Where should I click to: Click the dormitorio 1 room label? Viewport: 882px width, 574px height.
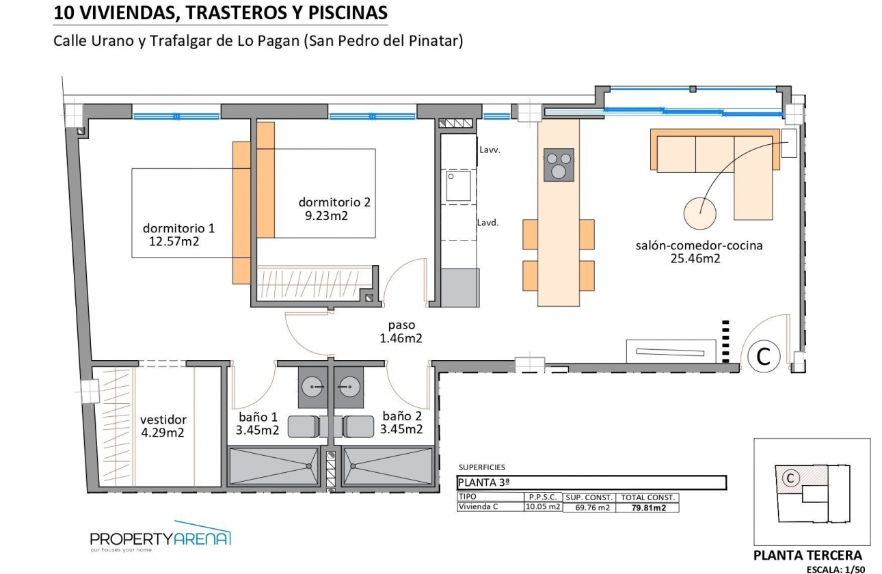178,228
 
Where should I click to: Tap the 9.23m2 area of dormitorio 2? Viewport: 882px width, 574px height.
326,216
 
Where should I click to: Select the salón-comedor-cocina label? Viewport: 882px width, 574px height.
699,245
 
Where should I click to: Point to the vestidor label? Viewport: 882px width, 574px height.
163,420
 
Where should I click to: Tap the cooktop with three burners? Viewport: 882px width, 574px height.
559,165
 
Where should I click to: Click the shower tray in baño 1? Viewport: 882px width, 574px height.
273,467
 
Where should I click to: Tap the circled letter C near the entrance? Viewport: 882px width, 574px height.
764,356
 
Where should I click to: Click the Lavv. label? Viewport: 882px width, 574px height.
490,150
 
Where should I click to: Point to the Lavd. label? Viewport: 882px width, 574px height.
487,222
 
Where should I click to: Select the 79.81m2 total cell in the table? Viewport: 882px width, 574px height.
647,508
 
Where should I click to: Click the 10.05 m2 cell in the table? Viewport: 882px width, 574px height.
543,507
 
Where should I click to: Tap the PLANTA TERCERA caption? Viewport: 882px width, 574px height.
807,555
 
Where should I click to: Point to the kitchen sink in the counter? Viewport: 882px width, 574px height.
458,186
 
